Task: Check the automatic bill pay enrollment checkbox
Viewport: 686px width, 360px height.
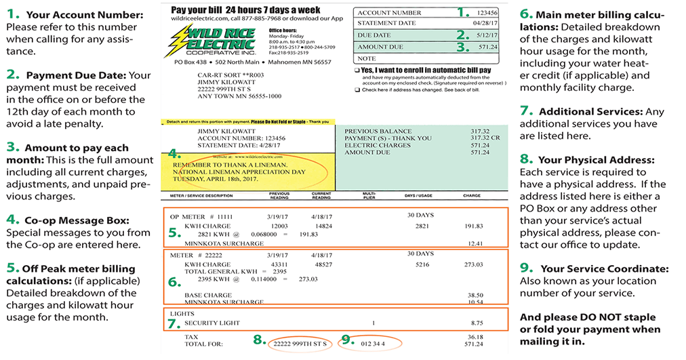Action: point(357,70)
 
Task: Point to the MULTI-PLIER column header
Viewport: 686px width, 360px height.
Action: point(369,196)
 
